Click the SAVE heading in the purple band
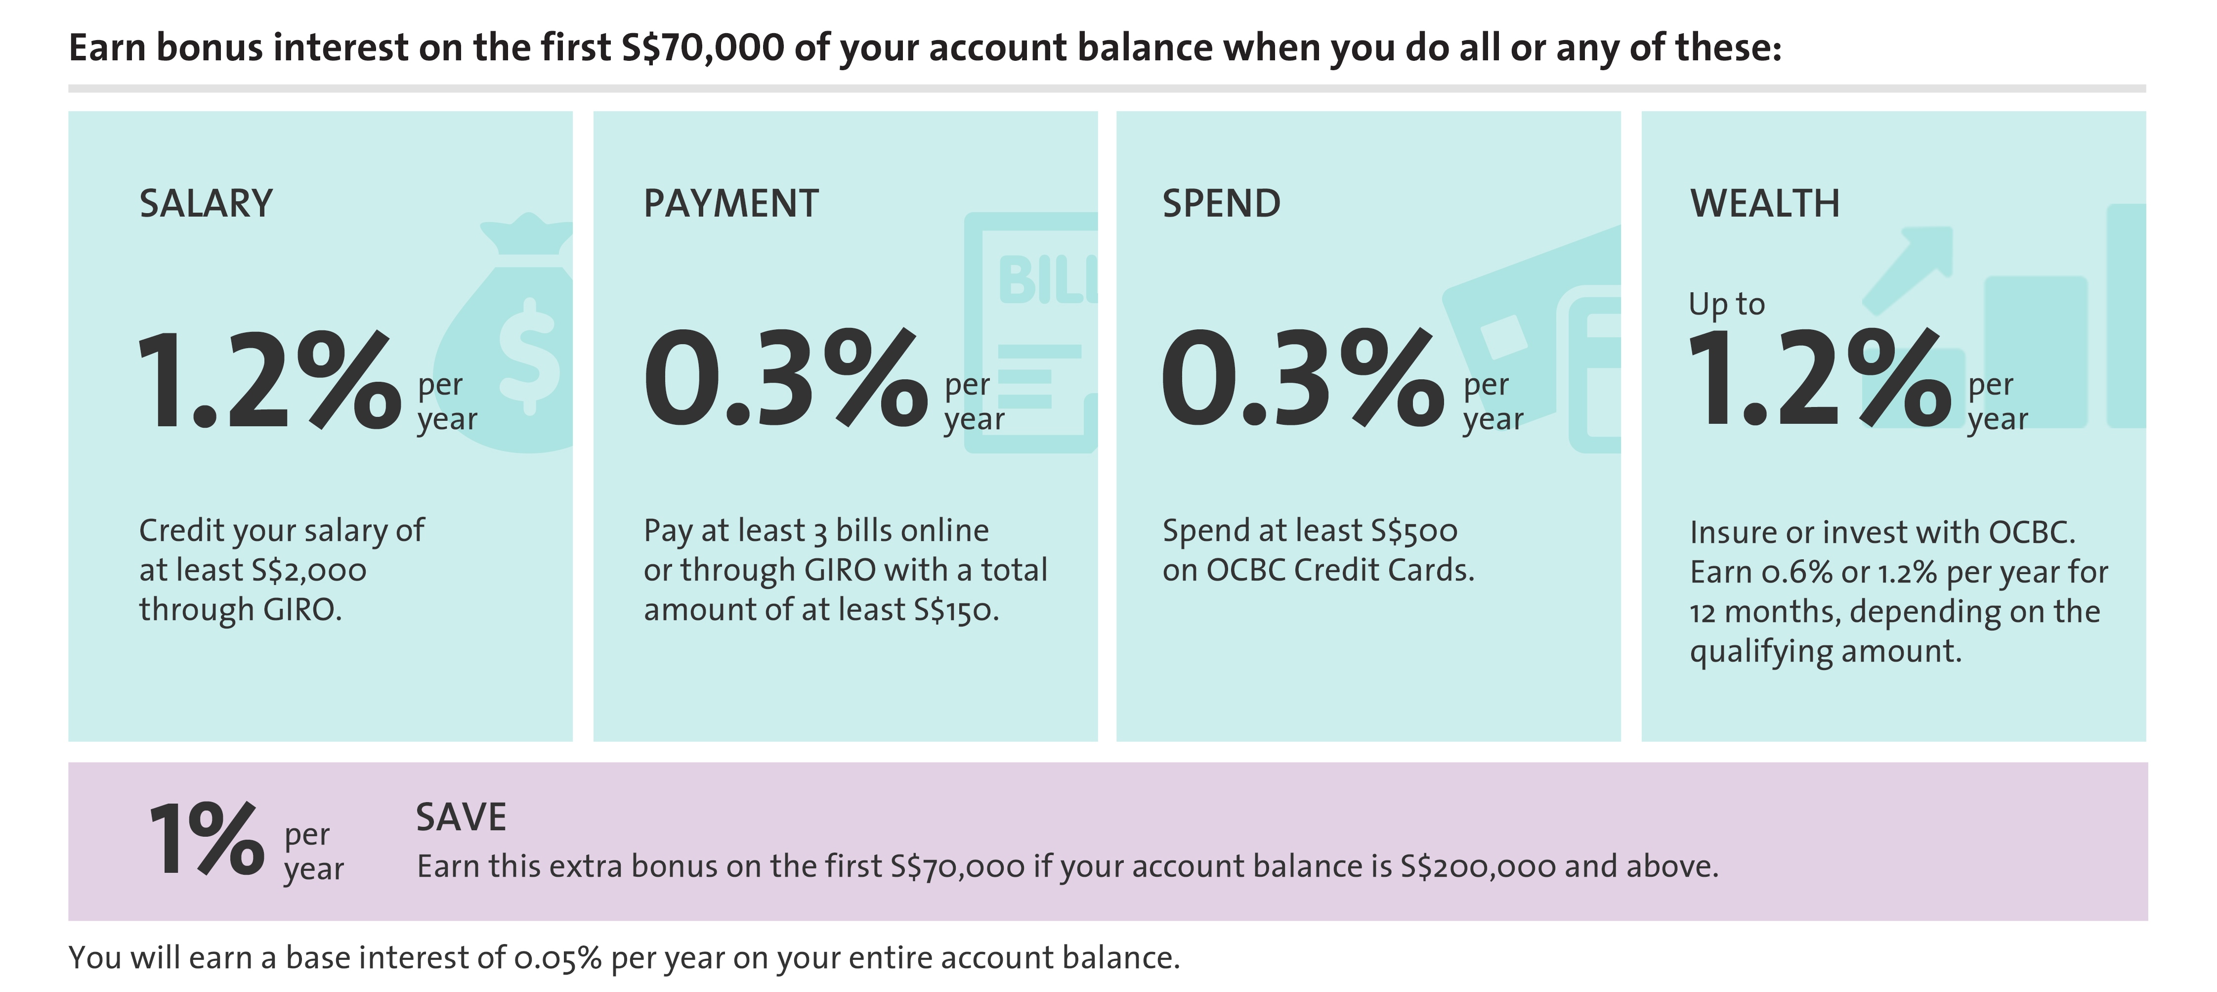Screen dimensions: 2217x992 pos(461,817)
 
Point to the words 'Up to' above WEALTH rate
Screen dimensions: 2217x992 pos(1726,304)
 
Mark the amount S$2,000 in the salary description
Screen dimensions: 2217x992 pos(309,571)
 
